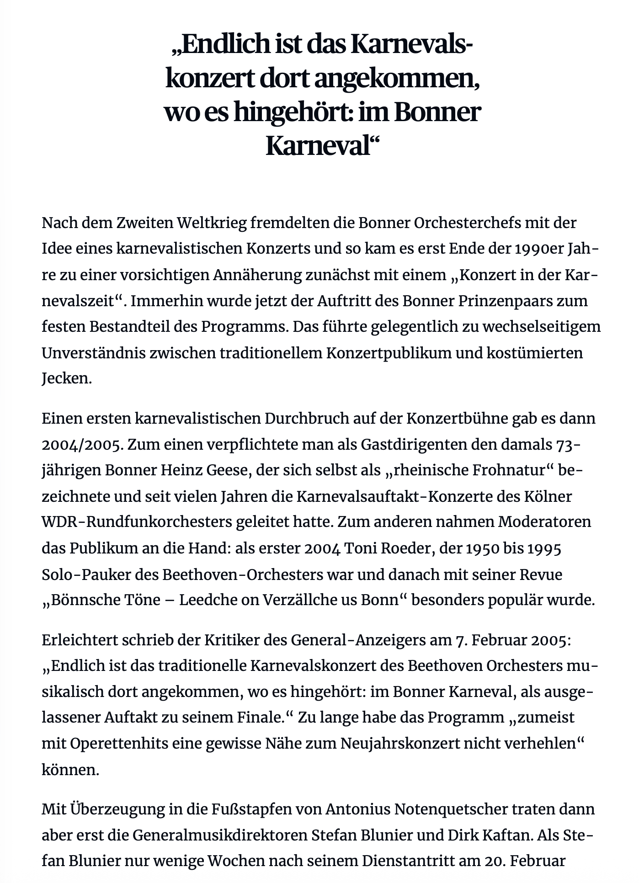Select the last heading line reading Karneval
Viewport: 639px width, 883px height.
pyautogui.click(x=322, y=146)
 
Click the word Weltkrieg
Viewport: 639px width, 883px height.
pyautogui.click(x=212, y=223)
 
